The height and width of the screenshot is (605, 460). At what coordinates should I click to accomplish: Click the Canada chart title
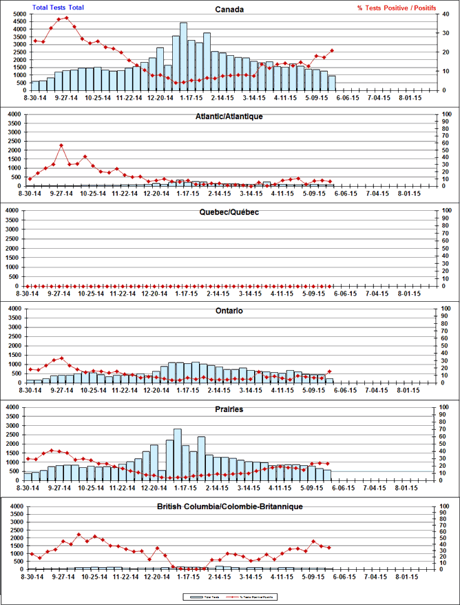(228, 10)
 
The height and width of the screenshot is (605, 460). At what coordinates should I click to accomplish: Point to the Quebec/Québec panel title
(228, 212)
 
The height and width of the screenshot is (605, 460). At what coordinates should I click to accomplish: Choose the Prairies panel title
(228, 409)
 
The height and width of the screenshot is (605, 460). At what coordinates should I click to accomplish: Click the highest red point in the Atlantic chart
(61, 145)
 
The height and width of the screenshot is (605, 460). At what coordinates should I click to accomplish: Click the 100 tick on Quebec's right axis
(446, 209)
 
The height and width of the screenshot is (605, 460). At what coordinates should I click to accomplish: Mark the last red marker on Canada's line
(333, 50)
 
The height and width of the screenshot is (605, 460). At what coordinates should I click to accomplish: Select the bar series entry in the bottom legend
(199, 595)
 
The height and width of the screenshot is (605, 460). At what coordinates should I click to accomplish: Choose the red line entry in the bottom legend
(255, 595)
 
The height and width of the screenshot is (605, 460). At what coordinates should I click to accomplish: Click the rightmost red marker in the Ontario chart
(331, 371)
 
